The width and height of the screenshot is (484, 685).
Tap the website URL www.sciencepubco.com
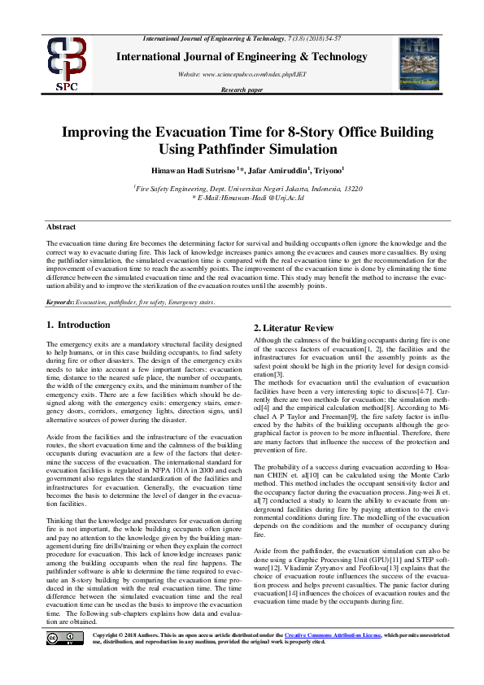coord(230,74)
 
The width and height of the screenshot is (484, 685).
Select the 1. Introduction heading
coord(78,325)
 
